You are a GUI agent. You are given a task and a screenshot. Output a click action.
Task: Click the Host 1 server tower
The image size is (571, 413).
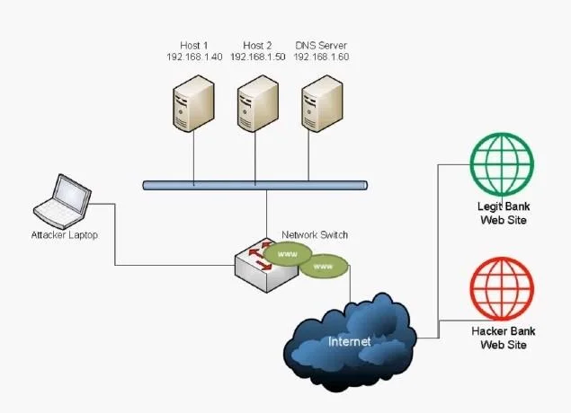pyautogui.click(x=193, y=103)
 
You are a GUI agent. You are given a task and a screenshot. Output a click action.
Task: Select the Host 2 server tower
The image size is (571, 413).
pyautogui.click(x=258, y=103)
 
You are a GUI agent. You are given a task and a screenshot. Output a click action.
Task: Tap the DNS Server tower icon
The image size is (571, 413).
pyautogui.click(x=322, y=103)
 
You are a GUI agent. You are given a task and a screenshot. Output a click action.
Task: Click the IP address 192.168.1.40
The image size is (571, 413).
pyautogui.click(x=194, y=57)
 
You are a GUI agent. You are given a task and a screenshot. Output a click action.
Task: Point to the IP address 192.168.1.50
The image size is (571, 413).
pyautogui.click(x=258, y=57)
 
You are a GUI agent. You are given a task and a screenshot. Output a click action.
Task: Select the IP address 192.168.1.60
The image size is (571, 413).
pyautogui.click(x=321, y=57)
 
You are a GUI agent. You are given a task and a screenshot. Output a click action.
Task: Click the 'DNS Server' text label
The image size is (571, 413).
pyautogui.click(x=321, y=46)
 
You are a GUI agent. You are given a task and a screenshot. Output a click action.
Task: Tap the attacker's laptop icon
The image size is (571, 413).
pyautogui.click(x=62, y=202)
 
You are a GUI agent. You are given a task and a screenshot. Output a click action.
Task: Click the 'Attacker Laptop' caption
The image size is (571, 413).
pyautogui.click(x=65, y=235)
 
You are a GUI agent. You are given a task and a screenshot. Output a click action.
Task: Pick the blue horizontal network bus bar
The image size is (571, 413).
pyautogui.click(x=254, y=186)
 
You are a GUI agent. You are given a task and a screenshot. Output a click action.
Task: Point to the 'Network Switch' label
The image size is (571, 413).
pyautogui.click(x=315, y=235)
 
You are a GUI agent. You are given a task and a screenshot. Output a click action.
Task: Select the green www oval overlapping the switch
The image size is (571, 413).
pyautogui.click(x=288, y=254)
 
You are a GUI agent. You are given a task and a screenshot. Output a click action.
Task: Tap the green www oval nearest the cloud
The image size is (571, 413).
pyautogui.click(x=324, y=267)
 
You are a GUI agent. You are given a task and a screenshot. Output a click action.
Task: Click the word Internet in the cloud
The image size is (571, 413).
pyautogui.click(x=349, y=341)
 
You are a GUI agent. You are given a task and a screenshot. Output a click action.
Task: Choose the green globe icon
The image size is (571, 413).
pyautogui.click(x=502, y=164)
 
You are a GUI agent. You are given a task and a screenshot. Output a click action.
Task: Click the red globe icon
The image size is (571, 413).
pyautogui.click(x=502, y=289)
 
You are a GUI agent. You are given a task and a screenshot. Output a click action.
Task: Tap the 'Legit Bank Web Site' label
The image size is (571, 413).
pyautogui.click(x=504, y=213)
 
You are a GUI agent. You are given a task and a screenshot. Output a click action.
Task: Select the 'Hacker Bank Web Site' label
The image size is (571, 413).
pyautogui.click(x=504, y=338)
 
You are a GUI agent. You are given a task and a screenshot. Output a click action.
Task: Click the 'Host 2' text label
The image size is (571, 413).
pyautogui.click(x=257, y=46)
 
